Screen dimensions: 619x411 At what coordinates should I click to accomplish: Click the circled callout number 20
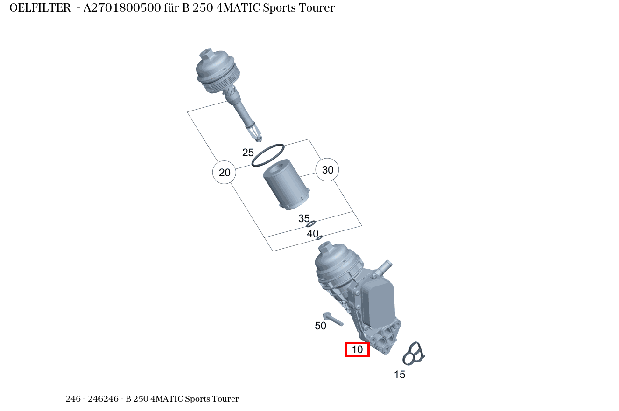click(x=224, y=172)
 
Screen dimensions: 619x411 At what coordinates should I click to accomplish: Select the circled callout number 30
click(x=327, y=170)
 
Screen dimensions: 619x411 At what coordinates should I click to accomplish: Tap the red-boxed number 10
click(x=357, y=349)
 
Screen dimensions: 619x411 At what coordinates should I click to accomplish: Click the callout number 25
click(x=248, y=153)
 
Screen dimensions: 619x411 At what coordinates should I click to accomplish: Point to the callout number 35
click(x=304, y=218)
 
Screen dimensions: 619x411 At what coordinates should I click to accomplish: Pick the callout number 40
click(x=313, y=234)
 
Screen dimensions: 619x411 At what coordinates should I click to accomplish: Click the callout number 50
click(x=320, y=326)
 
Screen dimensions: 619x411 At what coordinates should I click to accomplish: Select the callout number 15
click(x=399, y=375)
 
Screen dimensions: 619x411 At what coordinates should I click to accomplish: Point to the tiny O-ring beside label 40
click(x=319, y=237)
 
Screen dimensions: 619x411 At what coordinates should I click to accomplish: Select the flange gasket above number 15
click(x=414, y=354)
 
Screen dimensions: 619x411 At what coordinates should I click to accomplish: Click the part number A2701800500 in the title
click(x=122, y=8)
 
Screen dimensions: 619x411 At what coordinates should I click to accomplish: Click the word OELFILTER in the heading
click(x=40, y=8)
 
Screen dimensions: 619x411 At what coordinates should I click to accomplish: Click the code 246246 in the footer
click(x=103, y=398)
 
